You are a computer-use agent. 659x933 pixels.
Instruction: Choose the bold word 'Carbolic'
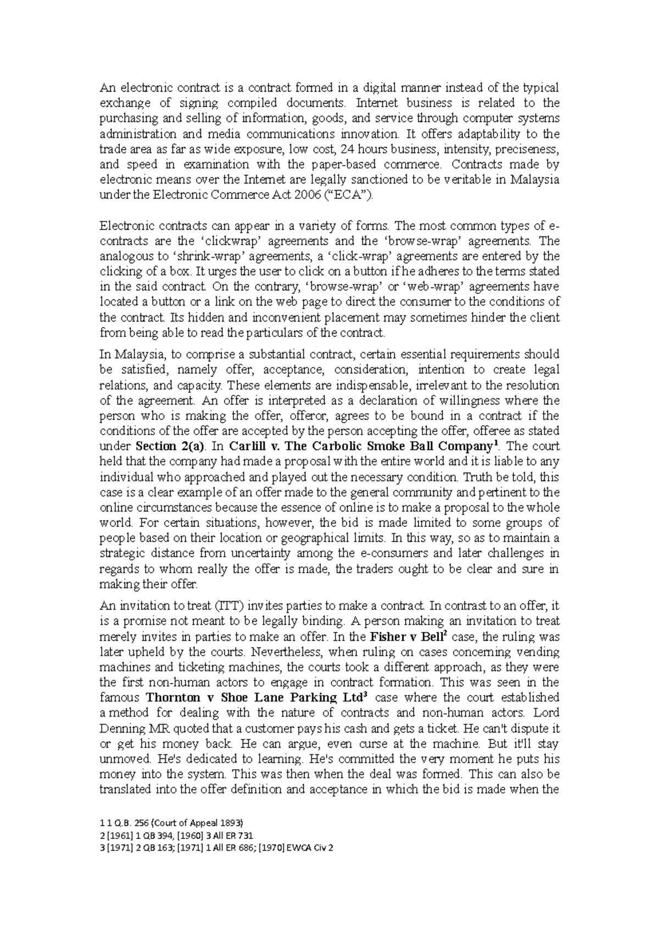[x=336, y=446]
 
